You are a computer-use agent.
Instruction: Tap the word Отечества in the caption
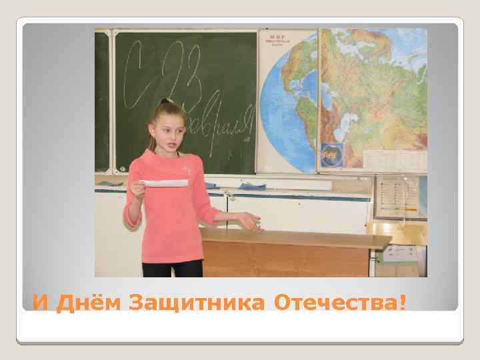pyautogui.click(x=333, y=303)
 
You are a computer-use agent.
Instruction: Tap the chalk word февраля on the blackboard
pyautogui.click(x=220, y=127)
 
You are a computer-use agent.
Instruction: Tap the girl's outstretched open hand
pyautogui.click(x=250, y=221)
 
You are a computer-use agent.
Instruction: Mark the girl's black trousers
pyautogui.click(x=172, y=268)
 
